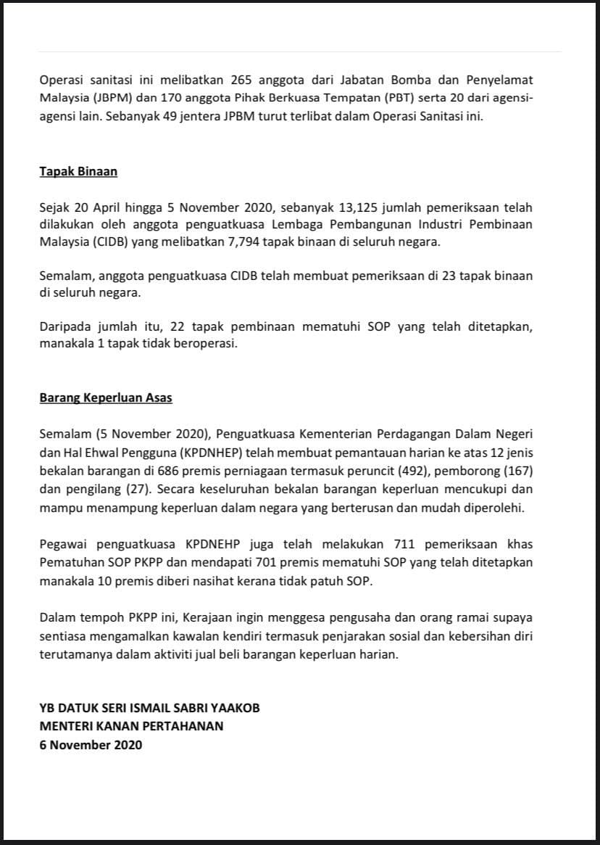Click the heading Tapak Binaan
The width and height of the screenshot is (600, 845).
pos(78,172)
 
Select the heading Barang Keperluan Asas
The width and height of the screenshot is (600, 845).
pos(106,398)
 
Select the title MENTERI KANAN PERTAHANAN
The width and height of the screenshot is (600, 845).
pos(132,726)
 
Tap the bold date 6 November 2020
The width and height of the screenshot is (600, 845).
pos(91,744)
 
